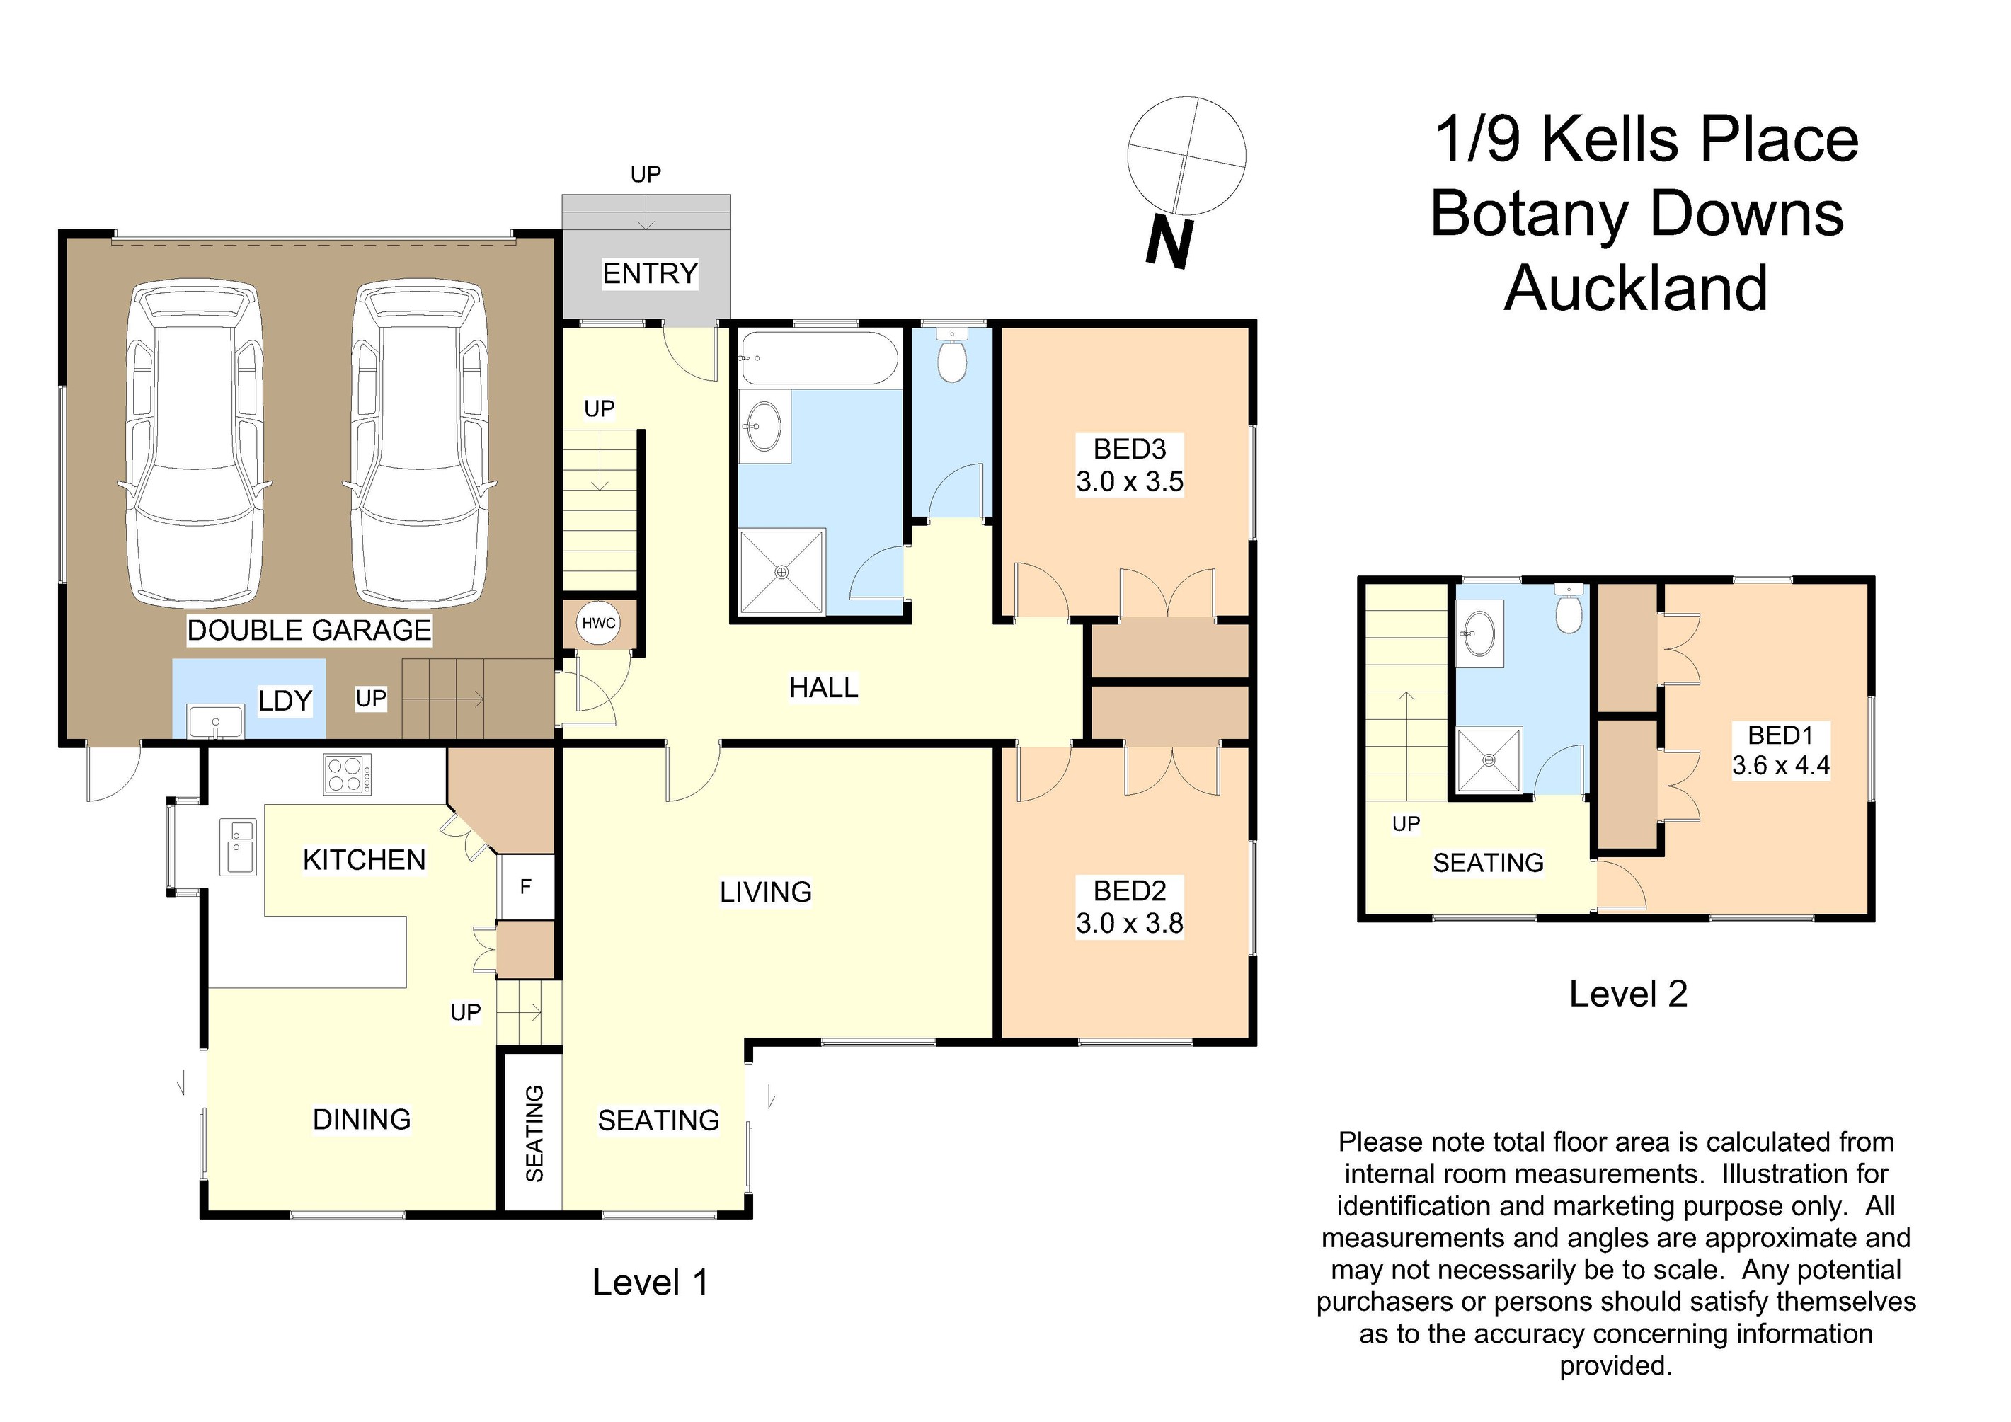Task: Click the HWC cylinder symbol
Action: (x=599, y=624)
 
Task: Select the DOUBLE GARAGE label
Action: (x=309, y=631)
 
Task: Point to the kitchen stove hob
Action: (x=347, y=774)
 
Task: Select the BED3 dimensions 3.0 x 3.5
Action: (x=1130, y=481)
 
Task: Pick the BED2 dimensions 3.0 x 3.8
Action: (x=1130, y=923)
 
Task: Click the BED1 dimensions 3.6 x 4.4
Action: (x=1781, y=765)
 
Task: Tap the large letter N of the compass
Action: (x=1170, y=243)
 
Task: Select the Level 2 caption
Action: (x=1627, y=994)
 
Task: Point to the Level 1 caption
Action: (x=650, y=1282)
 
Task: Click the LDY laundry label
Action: (x=285, y=701)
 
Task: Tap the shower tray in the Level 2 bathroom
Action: (x=1490, y=760)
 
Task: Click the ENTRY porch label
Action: (x=650, y=274)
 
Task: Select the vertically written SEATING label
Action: (x=534, y=1133)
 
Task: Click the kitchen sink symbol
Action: (x=237, y=847)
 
